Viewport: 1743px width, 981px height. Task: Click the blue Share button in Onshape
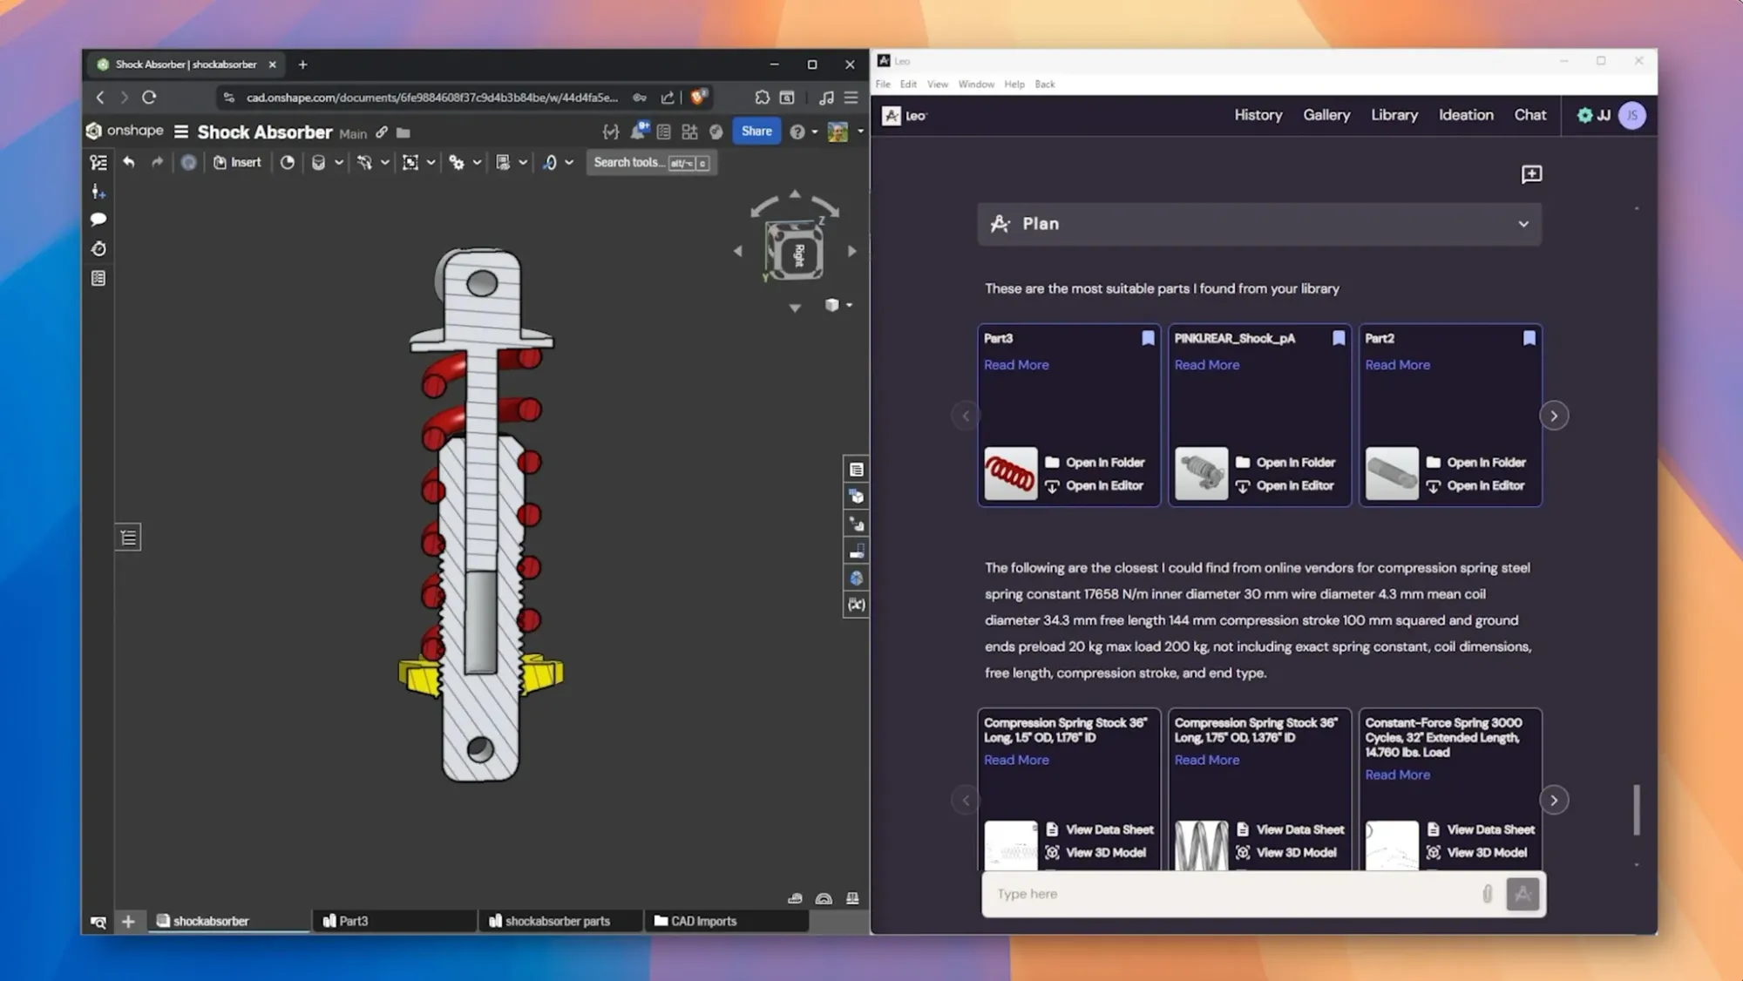pos(756,132)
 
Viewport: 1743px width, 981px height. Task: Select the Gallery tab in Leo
pos(1326,115)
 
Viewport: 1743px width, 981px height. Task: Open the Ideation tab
pos(1465,115)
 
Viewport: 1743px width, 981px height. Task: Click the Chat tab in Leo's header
pos(1529,115)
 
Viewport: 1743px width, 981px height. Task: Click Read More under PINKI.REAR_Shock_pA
pos(1206,365)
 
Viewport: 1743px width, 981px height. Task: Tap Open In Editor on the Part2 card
pos(1485,486)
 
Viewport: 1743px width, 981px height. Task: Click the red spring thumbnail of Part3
pos(1010,474)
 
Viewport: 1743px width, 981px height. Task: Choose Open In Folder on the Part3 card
pos(1104,463)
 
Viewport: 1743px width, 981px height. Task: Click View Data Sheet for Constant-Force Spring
pos(1489,829)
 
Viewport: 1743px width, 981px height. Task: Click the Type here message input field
pos(1229,894)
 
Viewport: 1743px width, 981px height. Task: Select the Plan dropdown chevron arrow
pos(1523,224)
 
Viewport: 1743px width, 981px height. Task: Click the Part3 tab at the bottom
pos(353,921)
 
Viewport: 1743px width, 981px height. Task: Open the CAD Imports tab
pos(702,921)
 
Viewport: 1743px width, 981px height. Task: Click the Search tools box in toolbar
pos(650,163)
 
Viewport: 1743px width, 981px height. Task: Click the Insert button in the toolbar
pos(237,163)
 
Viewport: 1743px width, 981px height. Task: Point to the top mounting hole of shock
pos(481,283)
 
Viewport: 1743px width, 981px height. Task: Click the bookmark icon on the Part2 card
pos(1529,338)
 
